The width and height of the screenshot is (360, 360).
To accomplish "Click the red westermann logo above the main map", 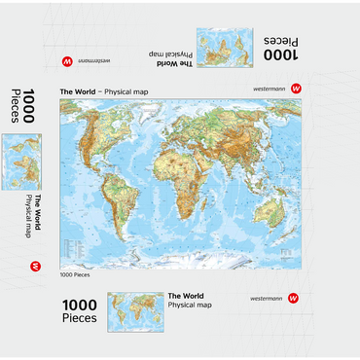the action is pos(296,89).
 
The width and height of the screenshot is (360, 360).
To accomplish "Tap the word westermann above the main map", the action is pos(268,89).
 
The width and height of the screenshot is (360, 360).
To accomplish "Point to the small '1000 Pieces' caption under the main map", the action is pos(74,274).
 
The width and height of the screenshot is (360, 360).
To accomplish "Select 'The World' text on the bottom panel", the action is pos(186,296).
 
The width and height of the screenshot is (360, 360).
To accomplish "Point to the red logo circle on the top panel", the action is pos(67,60).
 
